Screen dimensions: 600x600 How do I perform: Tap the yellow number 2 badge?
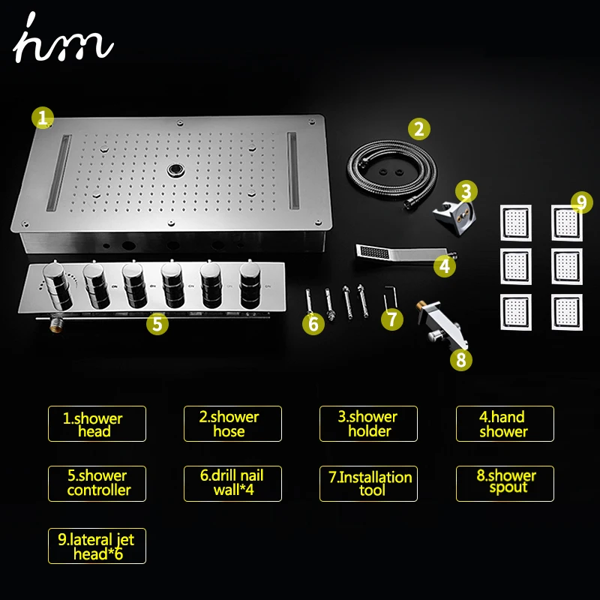pos(419,129)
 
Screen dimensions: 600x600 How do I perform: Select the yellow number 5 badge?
pos(157,324)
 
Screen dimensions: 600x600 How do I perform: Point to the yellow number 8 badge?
pos(461,360)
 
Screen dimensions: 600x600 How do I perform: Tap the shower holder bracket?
pos(454,216)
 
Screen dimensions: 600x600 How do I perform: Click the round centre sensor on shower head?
pos(175,170)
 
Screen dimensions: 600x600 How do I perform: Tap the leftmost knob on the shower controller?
pos(58,285)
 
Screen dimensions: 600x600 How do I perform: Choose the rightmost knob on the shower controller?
pos(250,284)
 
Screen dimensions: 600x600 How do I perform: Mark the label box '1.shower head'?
pos(97,424)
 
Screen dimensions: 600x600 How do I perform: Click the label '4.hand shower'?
pos(505,424)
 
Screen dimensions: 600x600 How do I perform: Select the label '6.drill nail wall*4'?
pos(232,484)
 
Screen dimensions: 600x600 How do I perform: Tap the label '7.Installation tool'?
pos(368,484)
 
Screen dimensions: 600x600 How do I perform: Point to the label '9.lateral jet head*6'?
pos(97,546)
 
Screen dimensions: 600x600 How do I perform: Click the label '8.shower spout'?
pos(505,484)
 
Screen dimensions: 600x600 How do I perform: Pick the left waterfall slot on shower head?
pos(59,172)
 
